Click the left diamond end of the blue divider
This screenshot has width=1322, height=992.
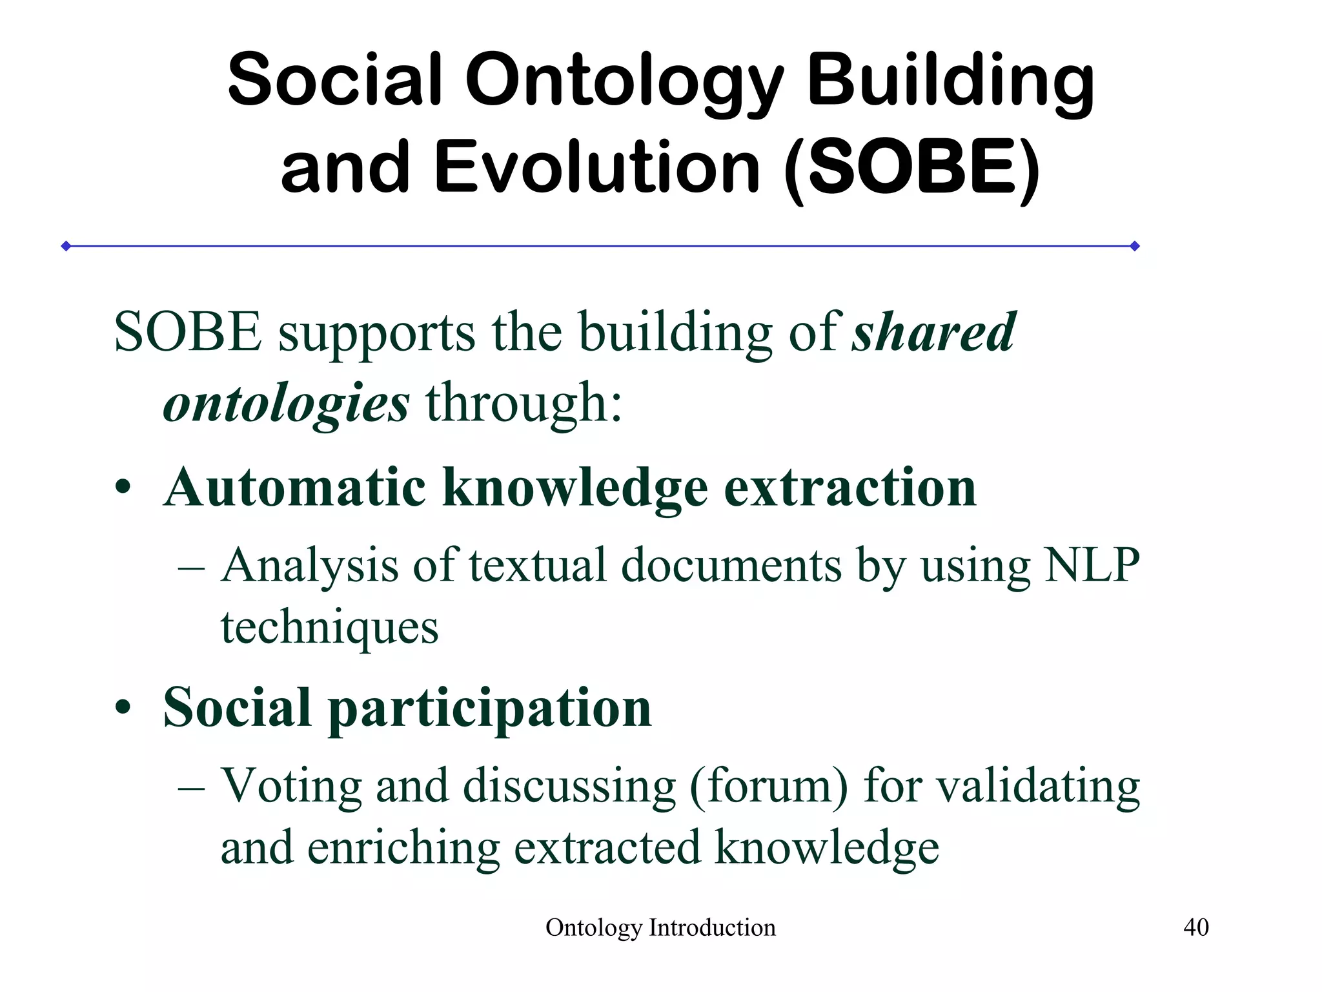tap(66, 246)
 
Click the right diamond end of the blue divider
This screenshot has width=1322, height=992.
tap(1135, 246)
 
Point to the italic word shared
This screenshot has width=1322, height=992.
tap(933, 332)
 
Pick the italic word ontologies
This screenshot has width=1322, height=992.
tap(286, 404)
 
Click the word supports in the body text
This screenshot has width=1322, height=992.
tap(376, 333)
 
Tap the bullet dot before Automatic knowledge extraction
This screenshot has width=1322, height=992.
tap(123, 489)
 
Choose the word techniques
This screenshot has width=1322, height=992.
tap(329, 627)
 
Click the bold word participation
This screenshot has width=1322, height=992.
tap(490, 709)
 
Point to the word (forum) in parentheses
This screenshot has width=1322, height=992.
tap(769, 787)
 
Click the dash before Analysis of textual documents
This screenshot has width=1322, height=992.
tap(191, 569)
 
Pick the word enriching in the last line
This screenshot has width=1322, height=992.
tap(403, 848)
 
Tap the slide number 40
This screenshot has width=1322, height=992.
tap(1195, 927)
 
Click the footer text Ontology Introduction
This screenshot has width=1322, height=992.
tap(660, 928)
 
